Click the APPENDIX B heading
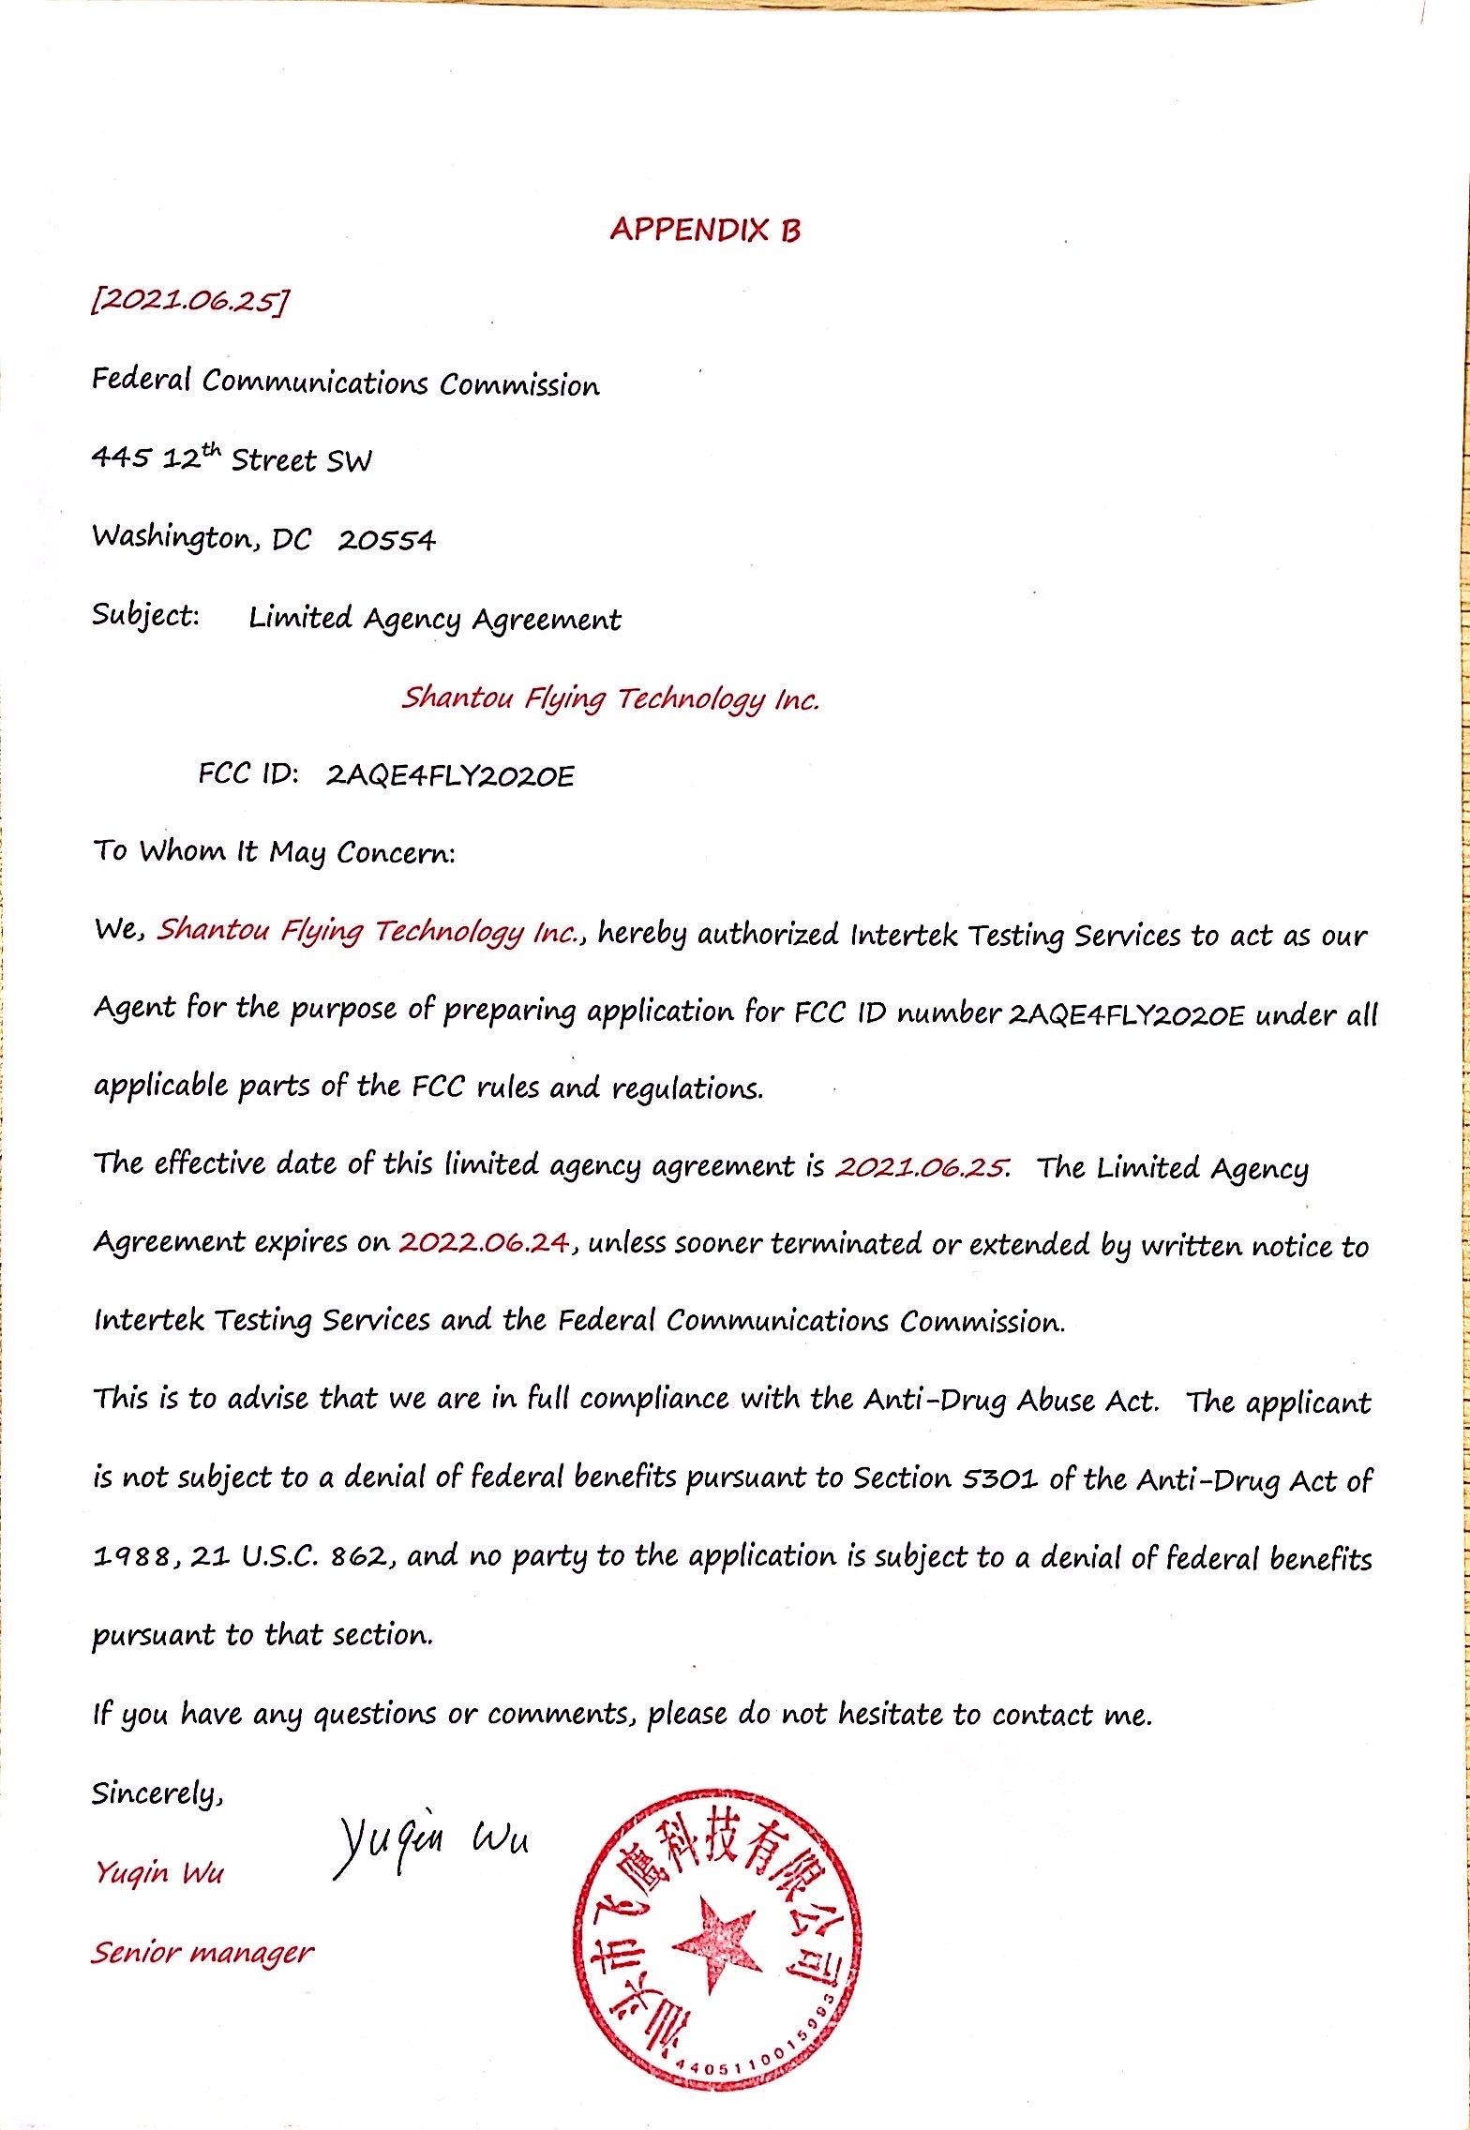coord(705,230)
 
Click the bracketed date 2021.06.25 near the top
coord(188,302)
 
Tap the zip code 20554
coord(386,541)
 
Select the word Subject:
coord(145,617)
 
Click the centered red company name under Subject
coord(610,699)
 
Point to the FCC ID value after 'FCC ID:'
coord(449,776)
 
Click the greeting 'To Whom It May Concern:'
coord(274,853)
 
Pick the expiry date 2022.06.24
coord(484,1243)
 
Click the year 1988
coord(131,1558)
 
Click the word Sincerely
coord(156,1794)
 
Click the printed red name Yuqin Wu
coord(158,1873)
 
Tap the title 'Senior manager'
coord(202,1953)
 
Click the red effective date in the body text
coord(922,1167)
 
